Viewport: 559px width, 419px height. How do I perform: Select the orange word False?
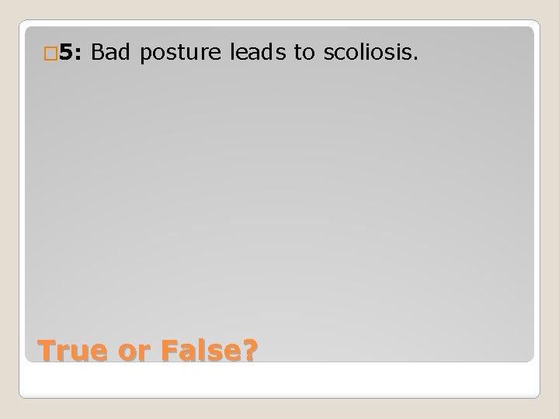[x=204, y=350]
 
